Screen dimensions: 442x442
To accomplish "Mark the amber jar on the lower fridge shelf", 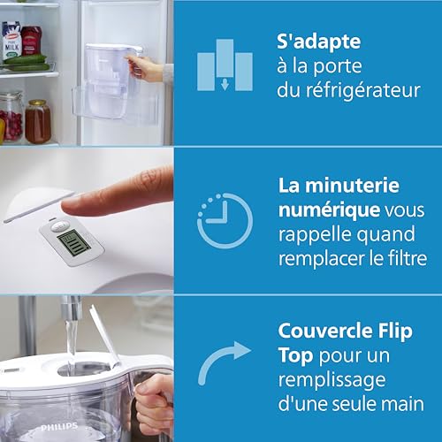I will pos(37,121).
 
